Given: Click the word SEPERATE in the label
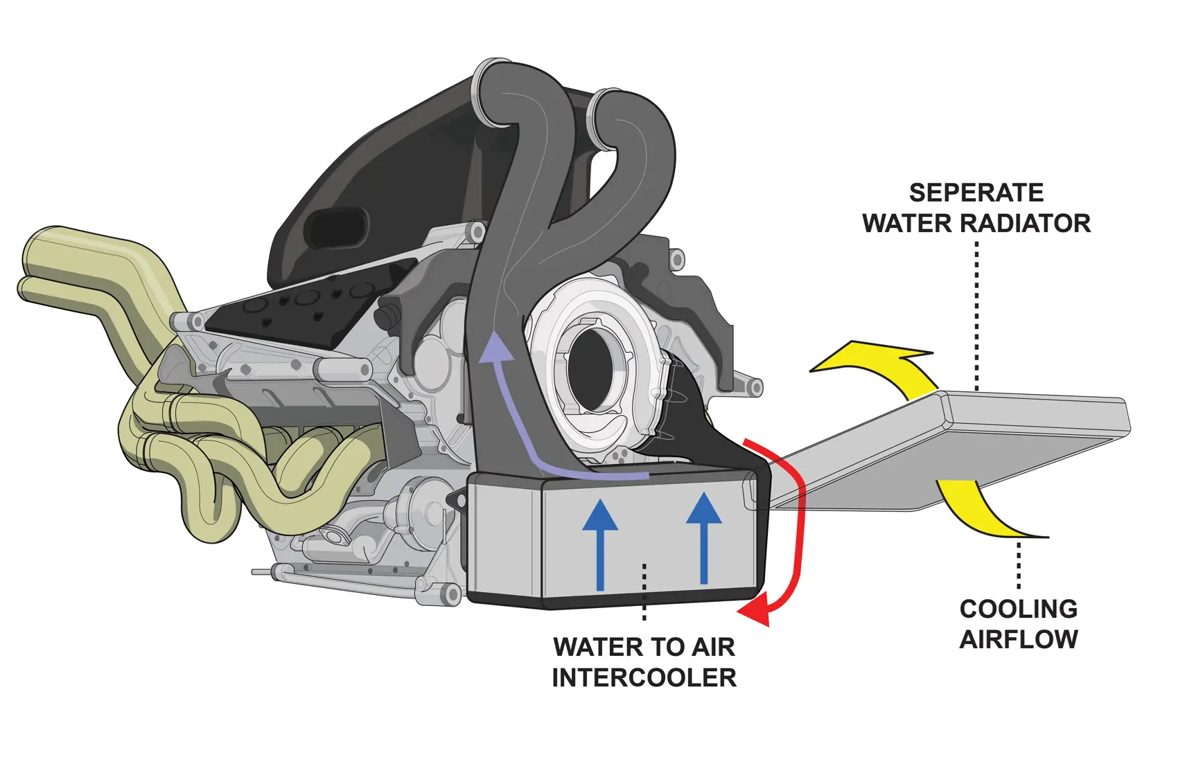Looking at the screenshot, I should (x=976, y=193).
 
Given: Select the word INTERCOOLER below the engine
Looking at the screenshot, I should (x=644, y=677).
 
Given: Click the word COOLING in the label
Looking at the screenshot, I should (x=1018, y=609).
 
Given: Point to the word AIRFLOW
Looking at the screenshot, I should (x=1018, y=639).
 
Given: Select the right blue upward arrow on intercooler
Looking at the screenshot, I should (x=704, y=537).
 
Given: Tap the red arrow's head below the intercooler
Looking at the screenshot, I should (x=755, y=612).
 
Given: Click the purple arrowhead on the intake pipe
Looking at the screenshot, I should (x=496, y=346).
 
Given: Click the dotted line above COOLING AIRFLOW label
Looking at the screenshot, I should (x=1019, y=564).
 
